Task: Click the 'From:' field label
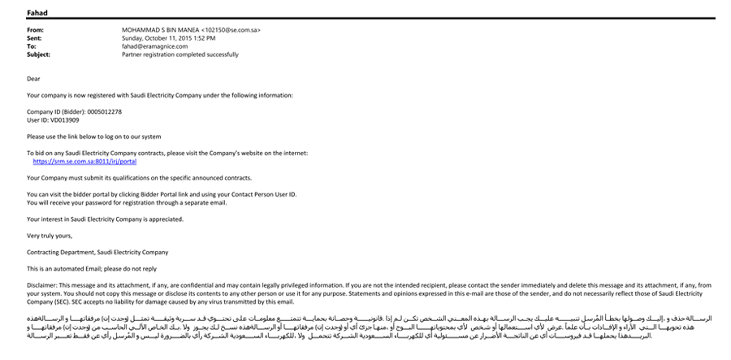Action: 36,30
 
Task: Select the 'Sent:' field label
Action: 35,38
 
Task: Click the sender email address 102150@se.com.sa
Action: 234,30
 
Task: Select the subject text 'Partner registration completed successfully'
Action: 180,54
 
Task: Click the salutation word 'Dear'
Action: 33,79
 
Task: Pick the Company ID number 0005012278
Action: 106,111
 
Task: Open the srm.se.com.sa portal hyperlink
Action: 84,161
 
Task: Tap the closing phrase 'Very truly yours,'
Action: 50,235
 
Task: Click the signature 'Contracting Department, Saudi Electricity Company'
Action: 97,252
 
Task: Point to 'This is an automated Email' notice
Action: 92,268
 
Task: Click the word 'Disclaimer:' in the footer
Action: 42,285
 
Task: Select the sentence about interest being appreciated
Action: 99,219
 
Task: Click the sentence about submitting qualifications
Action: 139,177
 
